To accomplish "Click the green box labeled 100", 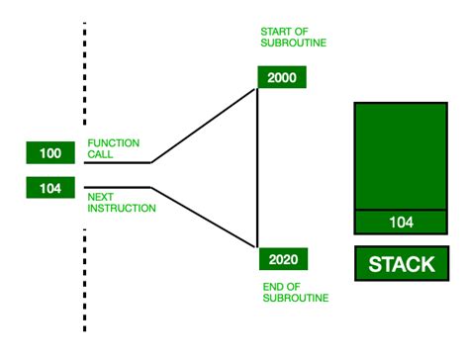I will (x=50, y=153).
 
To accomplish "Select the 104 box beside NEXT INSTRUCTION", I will (x=50, y=186).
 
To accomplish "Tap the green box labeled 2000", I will (x=282, y=78).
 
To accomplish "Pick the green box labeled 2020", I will (x=282, y=260).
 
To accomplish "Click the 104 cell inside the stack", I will (x=401, y=223).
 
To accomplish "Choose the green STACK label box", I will (x=401, y=264).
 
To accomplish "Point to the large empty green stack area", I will (x=401, y=155).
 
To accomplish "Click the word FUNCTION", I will (x=112, y=142).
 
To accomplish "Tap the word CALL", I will (x=99, y=153).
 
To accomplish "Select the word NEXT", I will (x=100, y=197).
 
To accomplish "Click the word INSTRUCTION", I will (x=122, y=209).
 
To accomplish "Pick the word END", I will (x=273, y=287).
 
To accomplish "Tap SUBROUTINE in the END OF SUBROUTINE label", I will (x=296, y=298).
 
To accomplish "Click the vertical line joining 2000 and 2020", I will (x=257, y=168).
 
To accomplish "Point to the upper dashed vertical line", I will (x=84, y=74).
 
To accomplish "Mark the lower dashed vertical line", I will (x=84, y=282).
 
